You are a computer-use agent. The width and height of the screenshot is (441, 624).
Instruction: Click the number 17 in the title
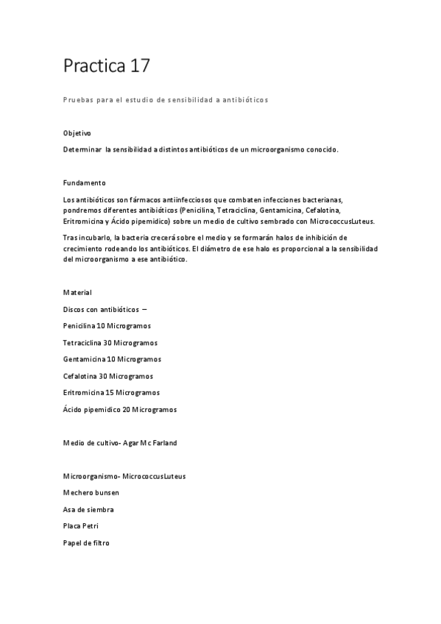coord(140,66)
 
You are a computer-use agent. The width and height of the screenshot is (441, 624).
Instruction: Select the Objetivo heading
coord(77,133)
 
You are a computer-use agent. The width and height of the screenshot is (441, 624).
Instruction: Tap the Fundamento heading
coord(85,182)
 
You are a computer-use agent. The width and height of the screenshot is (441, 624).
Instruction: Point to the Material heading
coord(77,292)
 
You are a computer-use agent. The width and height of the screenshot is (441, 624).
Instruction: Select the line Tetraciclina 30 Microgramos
coord(110,342)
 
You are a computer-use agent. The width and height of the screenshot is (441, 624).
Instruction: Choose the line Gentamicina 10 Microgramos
coord(112,359)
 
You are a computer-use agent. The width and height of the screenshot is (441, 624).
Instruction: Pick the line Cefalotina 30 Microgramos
coord(108,375)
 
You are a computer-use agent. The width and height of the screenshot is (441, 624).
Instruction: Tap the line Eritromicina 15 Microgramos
coord(111,392)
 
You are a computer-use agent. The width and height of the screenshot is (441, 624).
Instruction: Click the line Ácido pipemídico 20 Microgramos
coord(120,409)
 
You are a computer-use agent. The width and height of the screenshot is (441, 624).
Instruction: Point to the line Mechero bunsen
coord(91,492)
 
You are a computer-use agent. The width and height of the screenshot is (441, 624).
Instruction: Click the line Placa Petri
coord(80,526)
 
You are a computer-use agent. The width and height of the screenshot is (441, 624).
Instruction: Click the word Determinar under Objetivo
coord(82,149)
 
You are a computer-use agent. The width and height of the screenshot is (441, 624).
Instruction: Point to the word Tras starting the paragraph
coord(71,238)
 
